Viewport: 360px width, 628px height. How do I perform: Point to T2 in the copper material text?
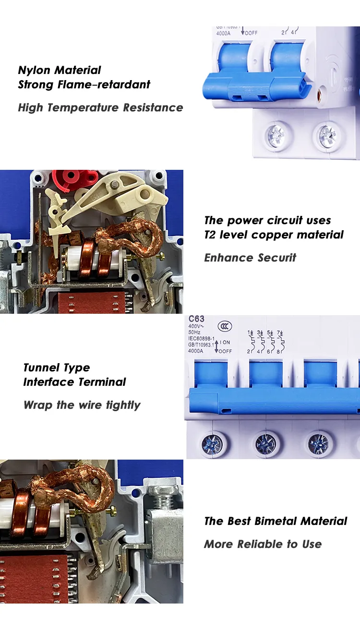[x=211, y=235]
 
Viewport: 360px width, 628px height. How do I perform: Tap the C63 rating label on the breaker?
[x=196, y=319]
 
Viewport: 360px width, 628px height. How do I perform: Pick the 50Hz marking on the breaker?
[x=195, y=332]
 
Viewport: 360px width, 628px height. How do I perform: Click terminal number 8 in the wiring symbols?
[x=279, y=351]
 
